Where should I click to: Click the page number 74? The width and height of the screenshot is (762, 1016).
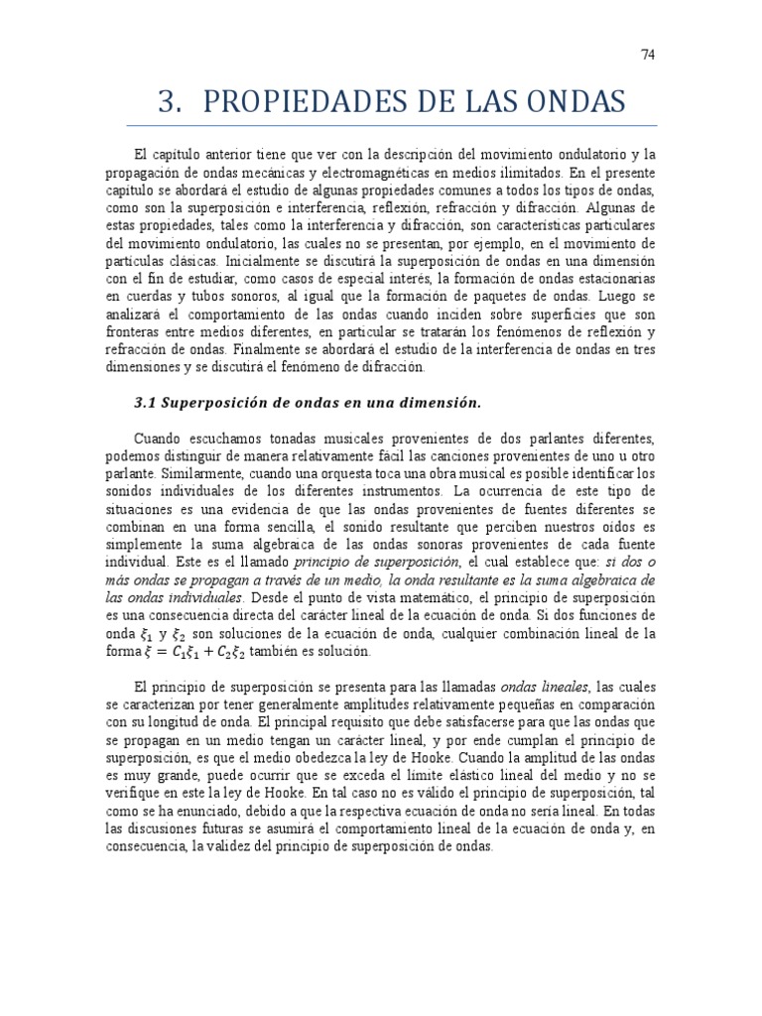click(648, 56)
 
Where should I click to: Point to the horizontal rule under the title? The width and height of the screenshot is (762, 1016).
click(392, 126)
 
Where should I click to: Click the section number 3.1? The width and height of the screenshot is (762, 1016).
click(145, 403)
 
